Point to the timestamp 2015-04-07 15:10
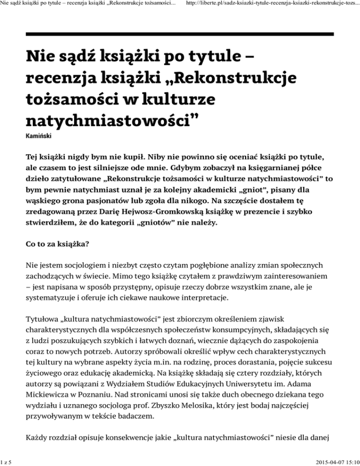pos(329,461)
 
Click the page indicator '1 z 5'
pos(7,461)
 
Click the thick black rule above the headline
pos(180,34)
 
